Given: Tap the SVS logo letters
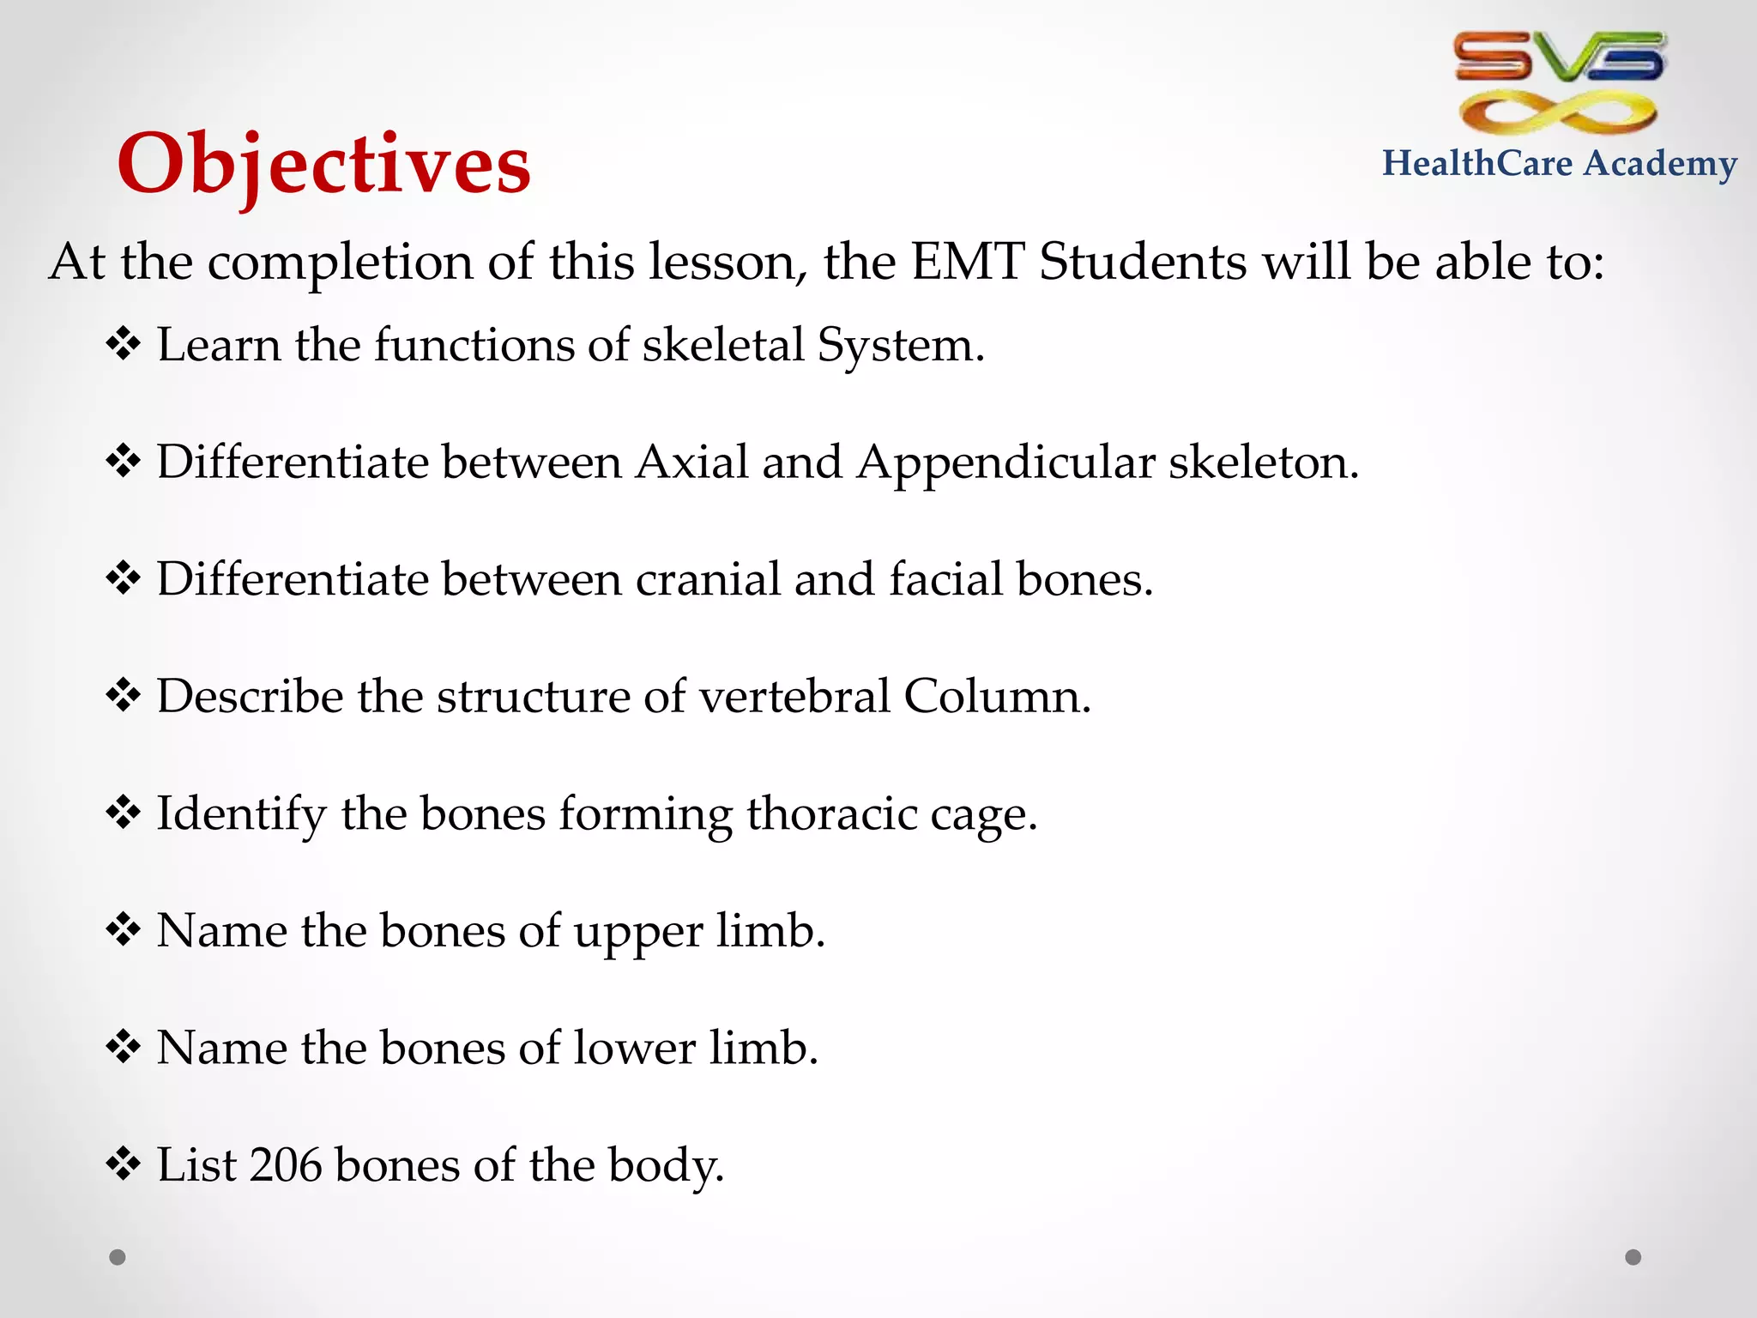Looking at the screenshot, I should click(x=1560, y=57).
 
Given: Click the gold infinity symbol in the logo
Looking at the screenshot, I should click(x=1558, y=112).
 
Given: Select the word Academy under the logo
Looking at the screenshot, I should click(x=1660, y=163).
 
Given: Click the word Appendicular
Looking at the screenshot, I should click(x=1005, y=463).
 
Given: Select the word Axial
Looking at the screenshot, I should click(x=691, y=462).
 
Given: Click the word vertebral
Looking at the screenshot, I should click(x=794, y=696).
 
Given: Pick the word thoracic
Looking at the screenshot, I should click(x=831, y=813).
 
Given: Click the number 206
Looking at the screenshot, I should click(x=287, y=1165).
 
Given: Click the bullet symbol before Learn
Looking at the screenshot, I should click(x=124, y=344).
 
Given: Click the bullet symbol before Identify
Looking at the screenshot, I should click(x=124, y=813).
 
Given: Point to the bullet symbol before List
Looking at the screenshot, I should click(x=124, y=1164).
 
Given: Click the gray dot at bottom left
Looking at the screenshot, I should click(x=118, y=1257).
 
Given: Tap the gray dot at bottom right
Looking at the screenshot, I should click(x=1633, y=1257).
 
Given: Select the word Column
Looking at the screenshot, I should click(x=996, y=696).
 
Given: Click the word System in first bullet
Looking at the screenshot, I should click(x=899, y=346).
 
